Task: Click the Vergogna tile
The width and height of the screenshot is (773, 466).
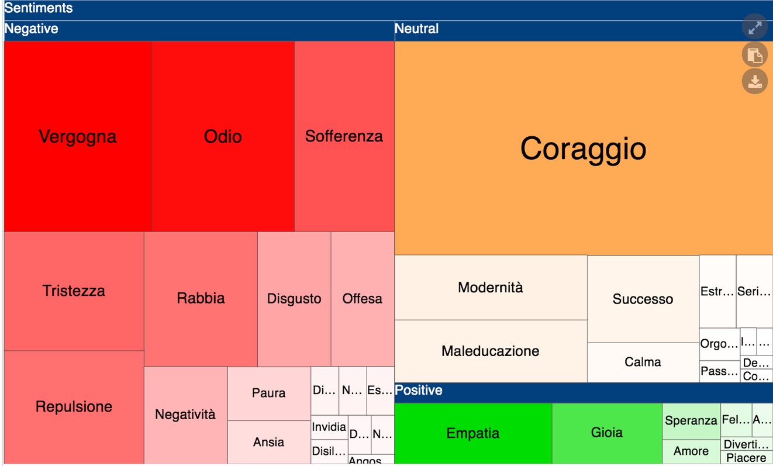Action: pyautogui.click(x=78, y=136)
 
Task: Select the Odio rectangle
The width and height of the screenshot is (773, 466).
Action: pyautogui.click(x=223, y=136)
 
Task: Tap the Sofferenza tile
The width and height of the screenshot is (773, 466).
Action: pyautogui.click(x=344, y=136)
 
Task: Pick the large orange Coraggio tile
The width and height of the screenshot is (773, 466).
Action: pyautogui.click(x=583, y=148)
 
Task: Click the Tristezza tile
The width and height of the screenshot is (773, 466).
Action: pyautogui.click(x=74, y=291)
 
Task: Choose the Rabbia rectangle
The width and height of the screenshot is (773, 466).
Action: pyautogui.click(x=201, y=298)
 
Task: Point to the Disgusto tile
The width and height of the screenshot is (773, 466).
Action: pyautogui.click(x=294, y=298)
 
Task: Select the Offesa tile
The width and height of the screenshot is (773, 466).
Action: pyautogui.click(x=363, y=298)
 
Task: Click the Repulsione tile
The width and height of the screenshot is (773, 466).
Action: pyautogui.click(x=74, y=406)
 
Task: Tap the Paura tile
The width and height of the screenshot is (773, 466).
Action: pyautogui.click(x=269, y=393)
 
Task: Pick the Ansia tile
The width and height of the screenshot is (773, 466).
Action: pyautogui.click(x=269, y=442)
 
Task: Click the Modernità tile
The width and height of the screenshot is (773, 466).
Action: pyautogui.click(x=491, y=287)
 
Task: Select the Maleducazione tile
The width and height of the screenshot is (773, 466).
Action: pyautogui.click(x=491, y=351)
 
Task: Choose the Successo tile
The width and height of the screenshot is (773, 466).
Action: pyautogui.click(x=643, y=299)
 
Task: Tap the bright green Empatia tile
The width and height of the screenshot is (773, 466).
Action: pyautogui.click(x=473, y=433)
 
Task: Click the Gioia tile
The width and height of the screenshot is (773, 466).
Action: pyautogui.click(x=607, y=433)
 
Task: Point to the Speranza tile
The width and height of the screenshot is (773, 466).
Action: pyautogui.click(x=691, y=420)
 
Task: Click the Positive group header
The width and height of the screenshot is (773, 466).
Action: pyautogui.click(x=419, y=391)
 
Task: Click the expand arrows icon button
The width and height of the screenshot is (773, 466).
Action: pyautogui.click(x=754, y=27)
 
